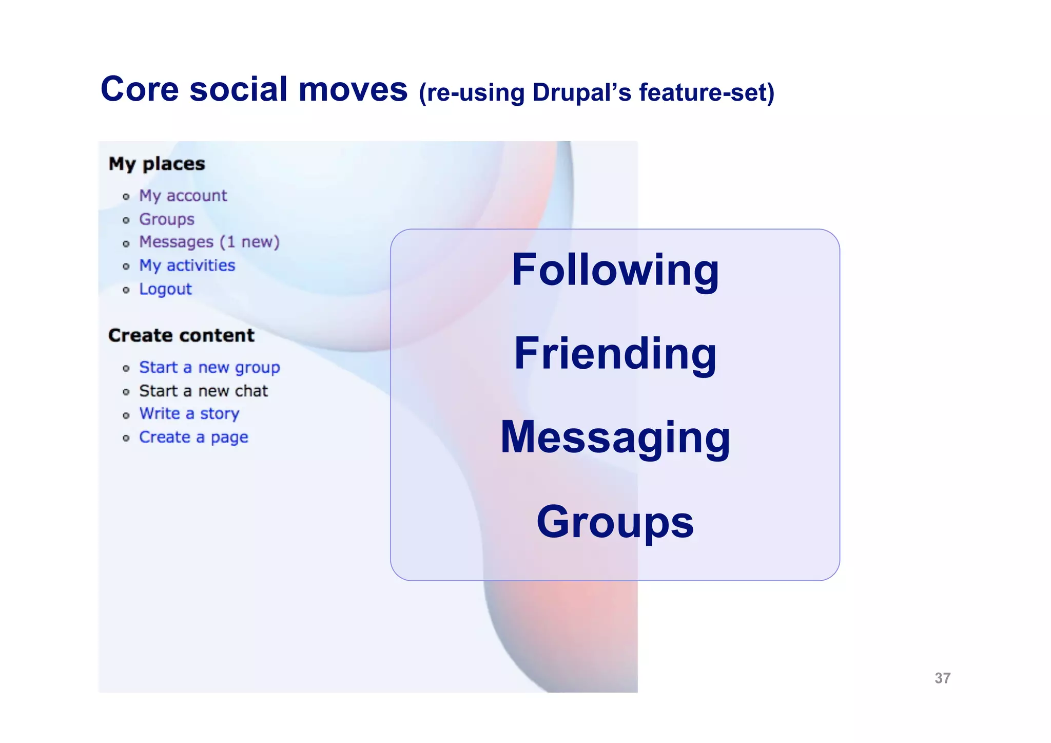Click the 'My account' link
click(x=183, y=196)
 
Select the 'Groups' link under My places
click(x=167, y=219)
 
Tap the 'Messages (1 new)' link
click(x=209, y=242)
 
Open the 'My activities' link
click(x=187, y=265)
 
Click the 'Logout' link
click(x=165, y=289)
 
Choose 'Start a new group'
click(x=209, y=368)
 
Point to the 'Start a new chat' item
click(x=203, y=391)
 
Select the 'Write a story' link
click(x=189, y=414)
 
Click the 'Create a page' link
click(x=193, y=437)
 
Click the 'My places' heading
click(x=157, y=164)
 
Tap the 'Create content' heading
click(x=181, y=335)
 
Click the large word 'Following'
click(x=615, y=270)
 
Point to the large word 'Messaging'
click(x=615, y=437)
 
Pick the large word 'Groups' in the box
click(x=615, y=522)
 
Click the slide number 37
click(x=942, y=678)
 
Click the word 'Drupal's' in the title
click(x=582, y=93)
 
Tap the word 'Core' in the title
click(x=140, y=89)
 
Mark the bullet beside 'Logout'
click(x=126, y=290)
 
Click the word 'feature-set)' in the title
click(x=706, y=93)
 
